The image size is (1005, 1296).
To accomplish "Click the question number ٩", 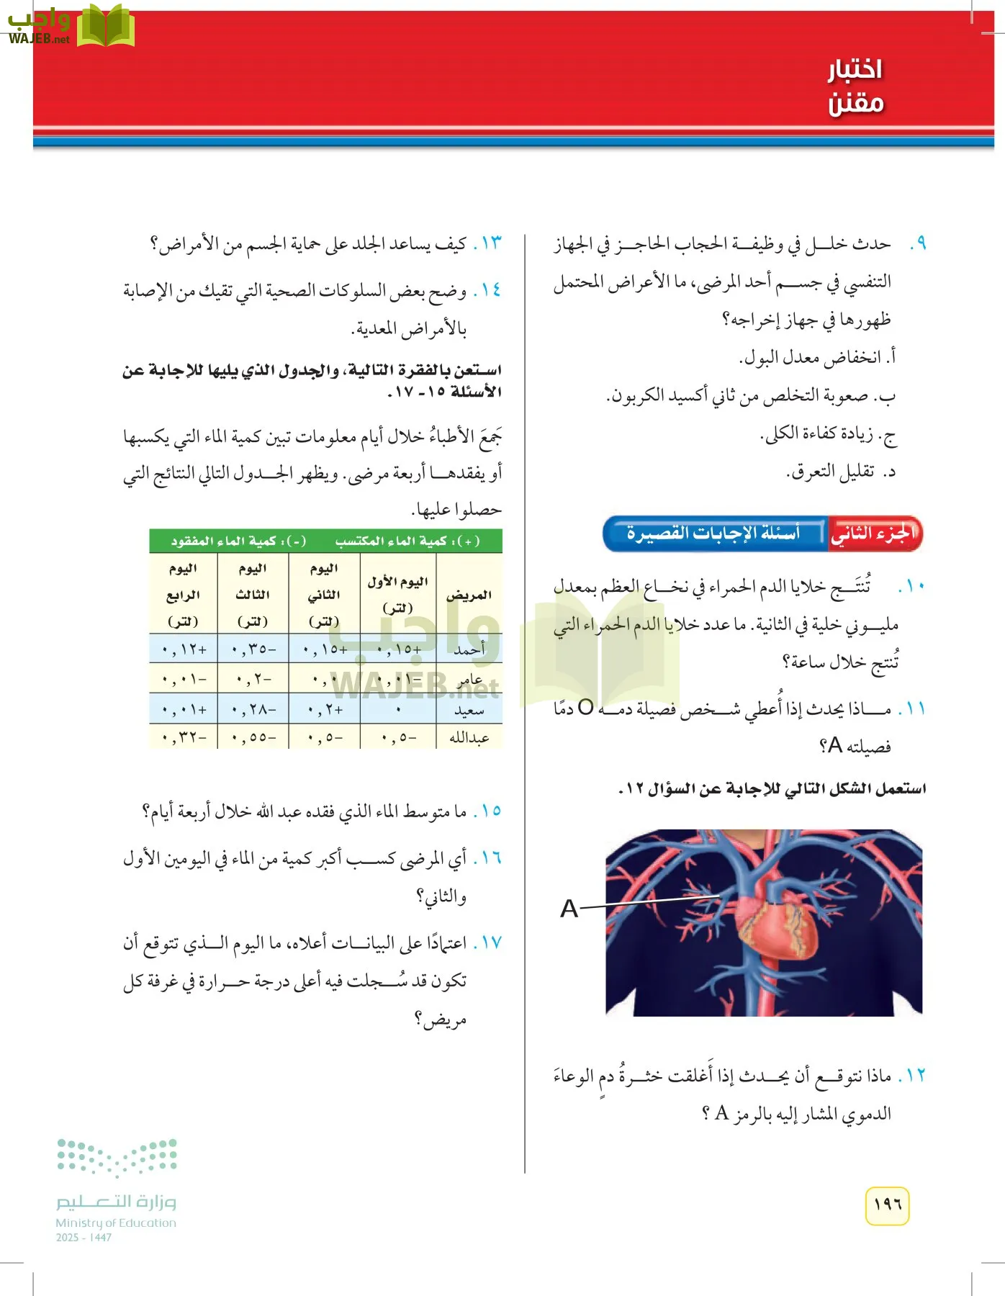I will tap(917, 244).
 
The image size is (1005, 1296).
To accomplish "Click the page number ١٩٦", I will tap(887, 1205).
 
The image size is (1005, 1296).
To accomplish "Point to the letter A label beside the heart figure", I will tap(569, 909).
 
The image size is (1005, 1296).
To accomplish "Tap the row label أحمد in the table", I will tap(469, 649).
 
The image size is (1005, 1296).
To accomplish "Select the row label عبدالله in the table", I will tap(469, 738).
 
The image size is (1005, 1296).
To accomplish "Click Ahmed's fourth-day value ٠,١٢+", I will tap(184, 649).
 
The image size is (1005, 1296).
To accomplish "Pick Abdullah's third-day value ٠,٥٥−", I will tap(253, 738).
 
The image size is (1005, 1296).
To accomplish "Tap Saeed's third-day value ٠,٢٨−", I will tap(253, 710).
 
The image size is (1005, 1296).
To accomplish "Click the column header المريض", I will tap(469, 595).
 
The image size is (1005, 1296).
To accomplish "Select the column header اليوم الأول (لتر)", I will tap(398, 595).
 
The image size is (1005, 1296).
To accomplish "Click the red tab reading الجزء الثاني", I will tap(874, 534).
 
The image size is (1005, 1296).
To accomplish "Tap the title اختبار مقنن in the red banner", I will tap(855, 86).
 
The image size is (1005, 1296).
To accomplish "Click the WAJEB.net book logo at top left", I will tap(105, 27).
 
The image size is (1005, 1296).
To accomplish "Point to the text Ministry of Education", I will tap(116, 1223).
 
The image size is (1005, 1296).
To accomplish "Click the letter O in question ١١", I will tap(585, 708).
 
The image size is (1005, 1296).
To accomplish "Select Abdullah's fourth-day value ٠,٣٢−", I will tap(184, 738).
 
